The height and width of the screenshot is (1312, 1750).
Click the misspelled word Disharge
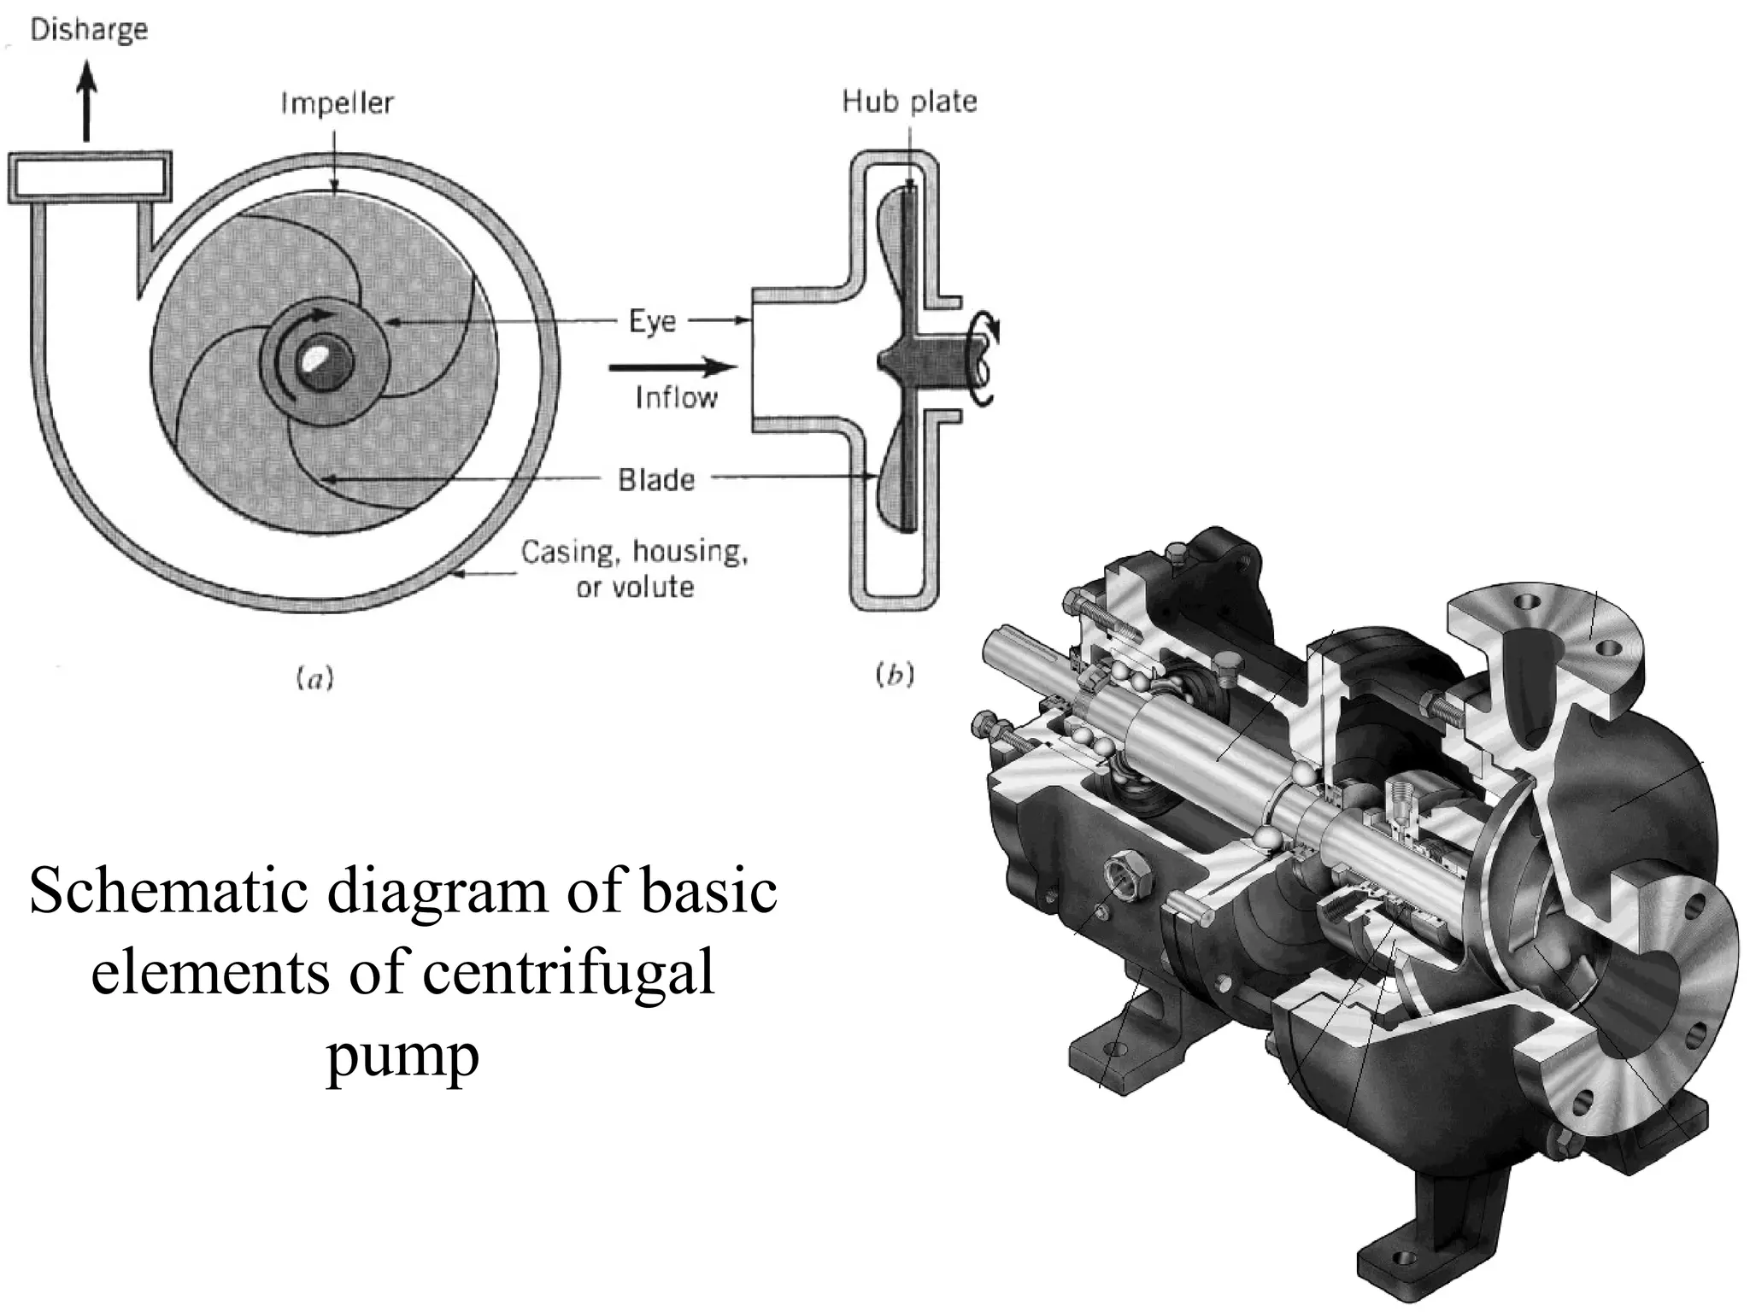[89, 30]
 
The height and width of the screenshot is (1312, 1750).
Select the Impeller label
[338, 103]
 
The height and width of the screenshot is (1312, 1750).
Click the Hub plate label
[909, 102]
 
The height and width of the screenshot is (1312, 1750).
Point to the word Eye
[652, 322]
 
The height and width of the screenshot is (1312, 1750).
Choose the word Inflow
[676, 397]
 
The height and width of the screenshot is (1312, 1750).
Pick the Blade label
[656, 480]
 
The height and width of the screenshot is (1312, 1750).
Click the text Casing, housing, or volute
[635, 569]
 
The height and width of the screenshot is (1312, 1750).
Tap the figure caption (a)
[314, 679]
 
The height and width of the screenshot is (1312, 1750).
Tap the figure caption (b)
[895, 675]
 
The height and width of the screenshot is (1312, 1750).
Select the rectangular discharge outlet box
[90, 178]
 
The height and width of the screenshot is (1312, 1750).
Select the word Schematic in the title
[167, 891]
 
